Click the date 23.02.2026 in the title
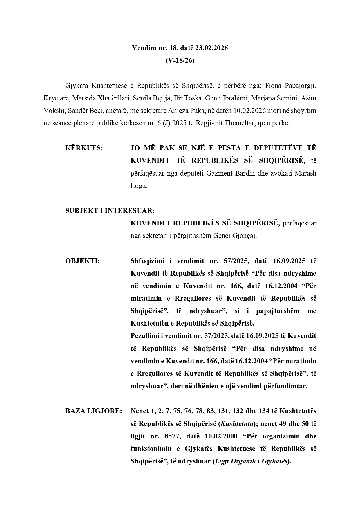(211, 48)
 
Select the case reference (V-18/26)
(180, 60)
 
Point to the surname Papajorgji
(301, 86)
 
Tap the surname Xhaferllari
(114, 98)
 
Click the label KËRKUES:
(84, 148)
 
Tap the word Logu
(139, 186)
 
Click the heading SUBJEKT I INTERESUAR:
(110, 211)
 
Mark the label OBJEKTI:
(82, 261)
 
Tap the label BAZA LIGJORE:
(93, 411)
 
